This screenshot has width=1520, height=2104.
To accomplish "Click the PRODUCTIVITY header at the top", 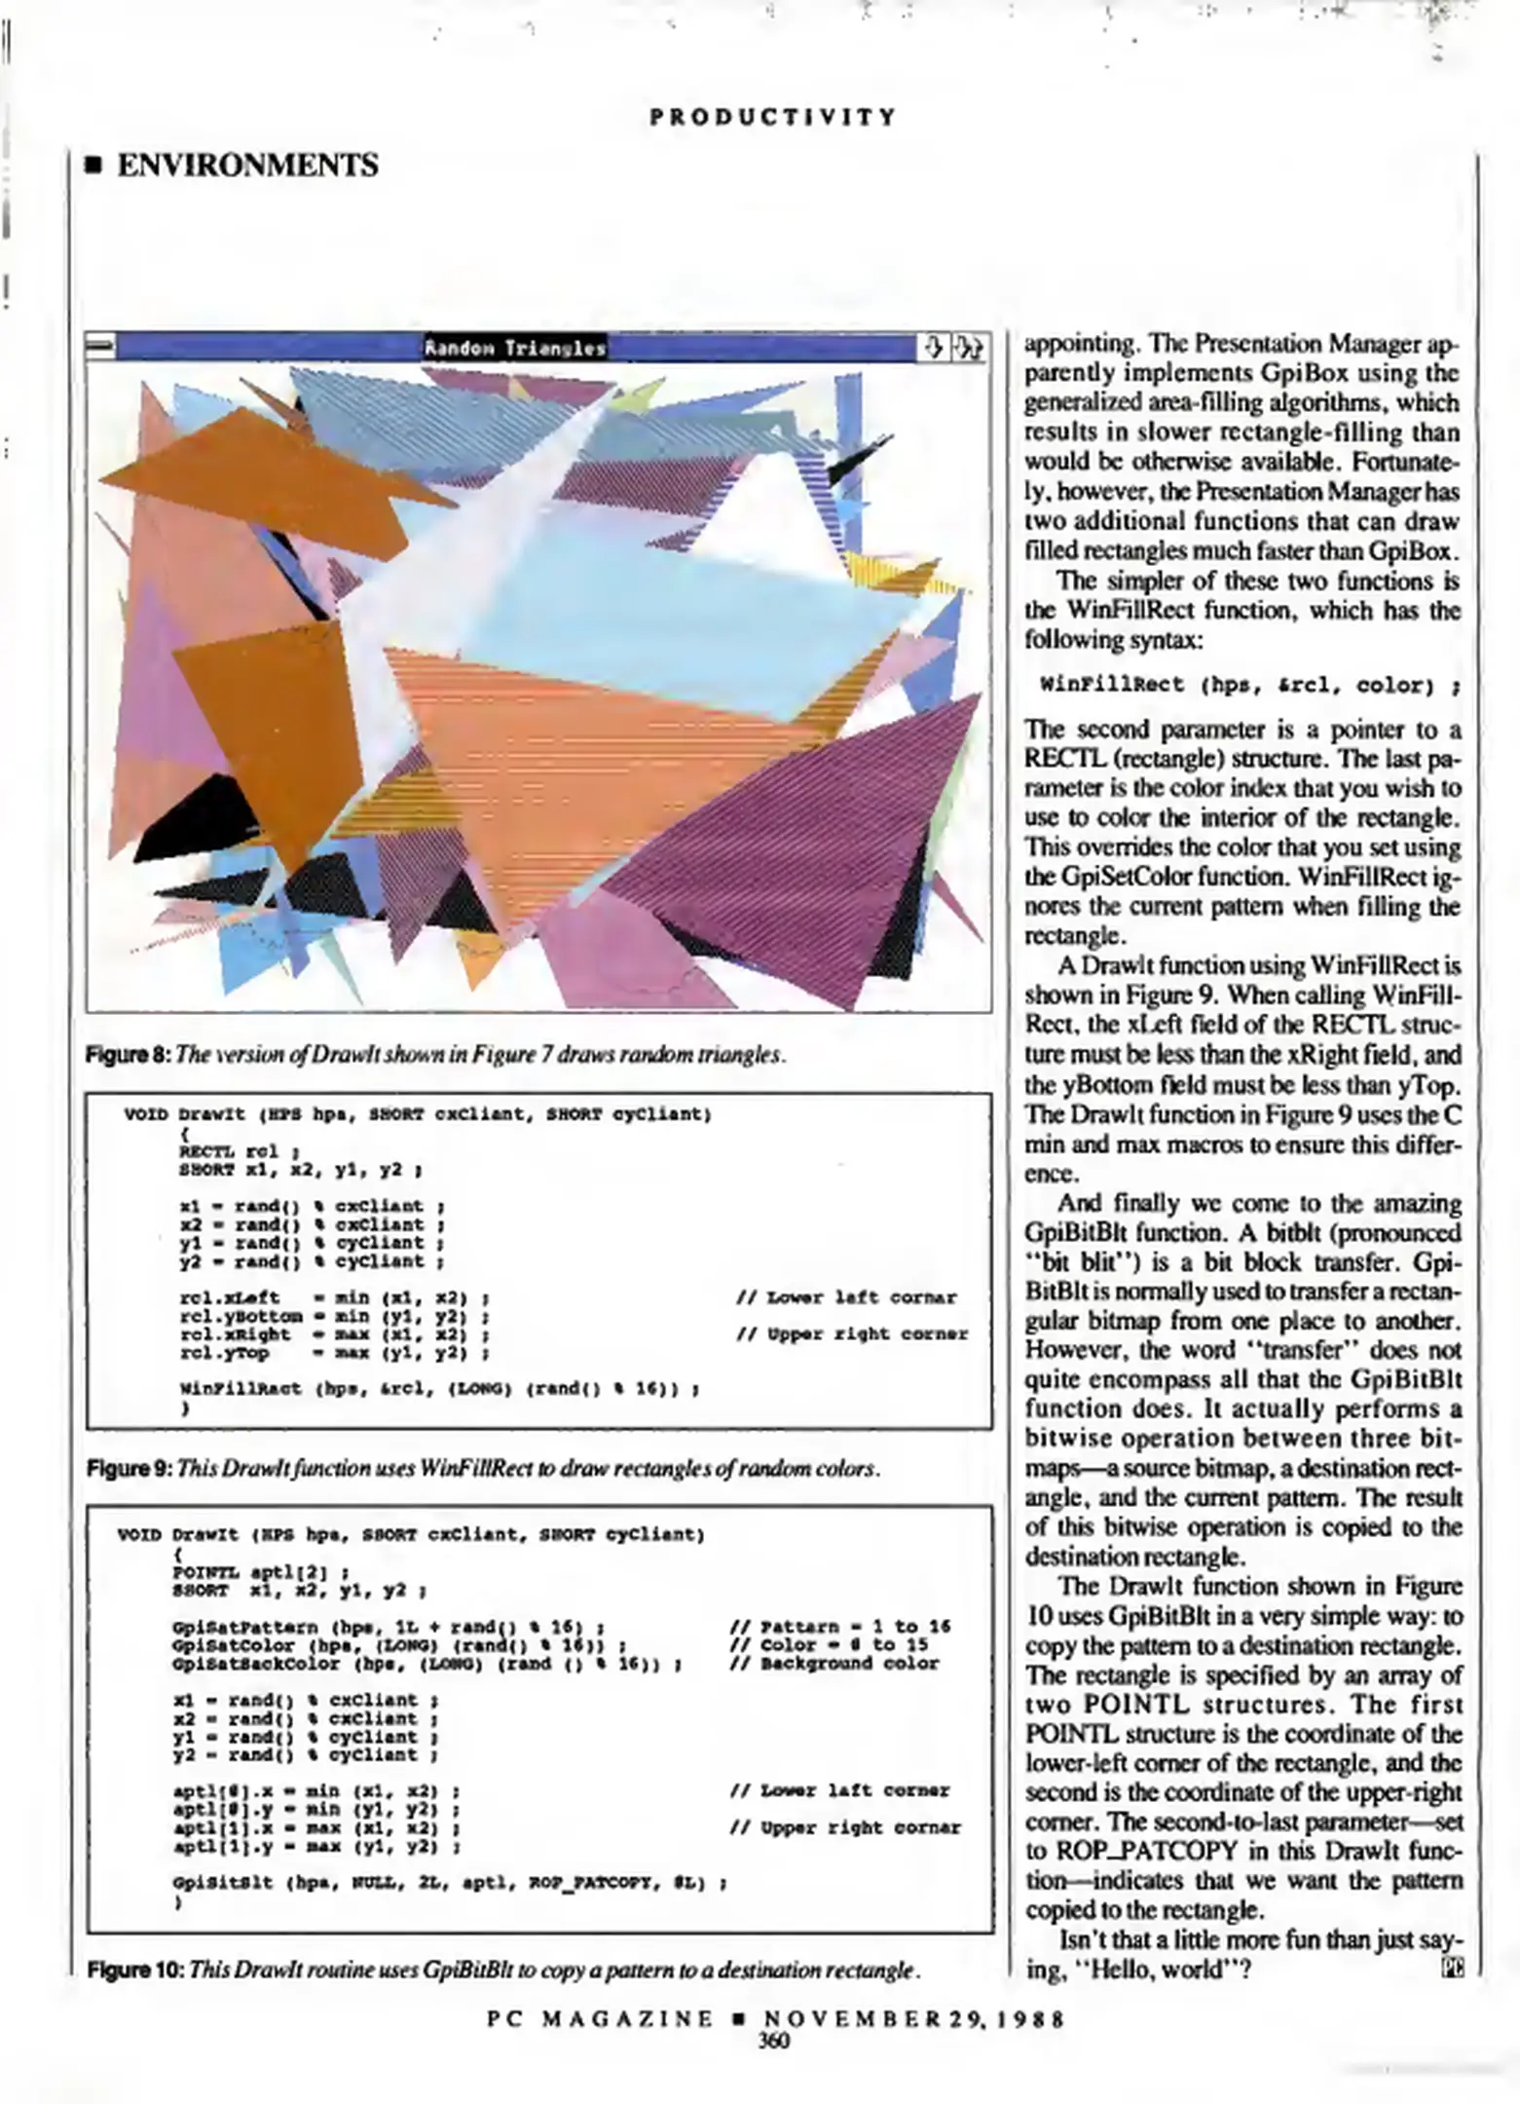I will coord(773,118).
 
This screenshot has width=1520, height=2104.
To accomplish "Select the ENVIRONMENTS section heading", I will coord(247,166).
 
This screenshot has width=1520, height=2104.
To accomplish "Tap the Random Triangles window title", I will coord(514,348).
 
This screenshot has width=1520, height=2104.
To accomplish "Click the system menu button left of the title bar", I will coord(100,347).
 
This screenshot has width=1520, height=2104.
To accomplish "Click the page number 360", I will coord(773,2040).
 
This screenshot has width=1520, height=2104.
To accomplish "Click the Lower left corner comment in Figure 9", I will coord(847,1297).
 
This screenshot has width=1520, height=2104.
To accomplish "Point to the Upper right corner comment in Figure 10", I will coord(844,1828).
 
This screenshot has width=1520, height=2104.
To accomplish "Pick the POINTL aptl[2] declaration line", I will coord(260,1572).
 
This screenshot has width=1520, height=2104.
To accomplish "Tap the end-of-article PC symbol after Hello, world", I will coord(1452,1970).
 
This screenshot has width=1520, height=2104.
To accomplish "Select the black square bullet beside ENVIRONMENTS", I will coord(93,167).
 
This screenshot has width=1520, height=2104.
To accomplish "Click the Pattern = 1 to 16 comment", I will coord(839,1627).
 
